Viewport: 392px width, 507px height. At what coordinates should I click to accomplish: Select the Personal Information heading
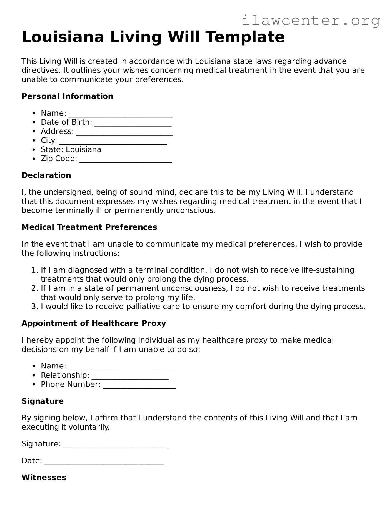[67, 96]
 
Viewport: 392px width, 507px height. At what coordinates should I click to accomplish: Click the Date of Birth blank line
[133, 123]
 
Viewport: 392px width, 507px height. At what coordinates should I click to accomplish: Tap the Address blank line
[124, 132]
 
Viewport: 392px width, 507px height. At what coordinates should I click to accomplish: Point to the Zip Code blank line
[126, 160]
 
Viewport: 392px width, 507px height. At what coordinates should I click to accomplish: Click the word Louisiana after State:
[83, 150]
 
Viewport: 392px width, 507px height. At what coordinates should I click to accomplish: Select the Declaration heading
[46, 175]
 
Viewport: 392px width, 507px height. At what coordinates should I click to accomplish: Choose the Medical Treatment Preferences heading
[89, 227]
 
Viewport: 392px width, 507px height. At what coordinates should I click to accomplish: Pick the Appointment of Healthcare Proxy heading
[94, 323]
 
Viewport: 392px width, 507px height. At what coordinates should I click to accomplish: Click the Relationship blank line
[130, 377]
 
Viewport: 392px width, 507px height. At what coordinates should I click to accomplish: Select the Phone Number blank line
[139, 386]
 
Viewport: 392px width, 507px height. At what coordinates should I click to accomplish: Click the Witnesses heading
[44, 478]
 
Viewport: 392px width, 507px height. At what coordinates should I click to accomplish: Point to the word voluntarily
[89, 427]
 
